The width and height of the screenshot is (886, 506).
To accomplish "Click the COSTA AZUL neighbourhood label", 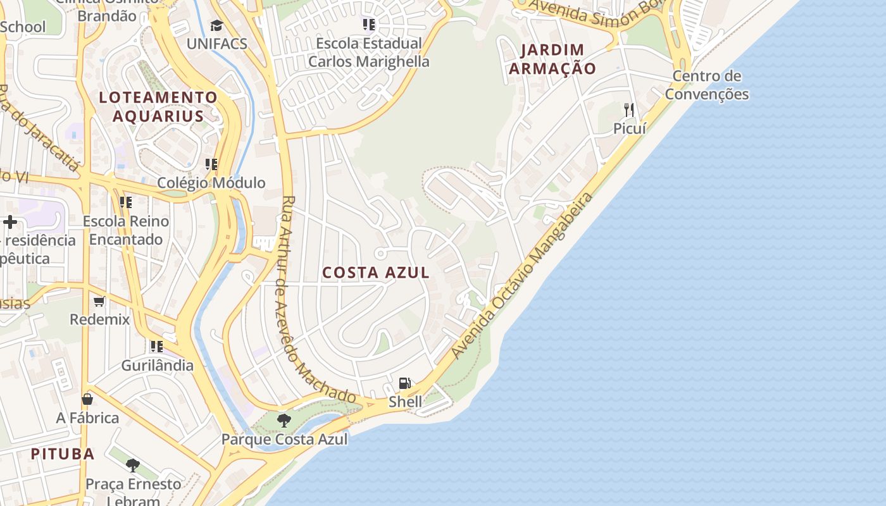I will [376, 273].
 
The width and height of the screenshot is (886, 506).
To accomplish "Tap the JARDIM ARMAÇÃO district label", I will [552, 59].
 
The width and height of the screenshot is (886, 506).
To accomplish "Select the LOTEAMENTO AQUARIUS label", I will [158, 106].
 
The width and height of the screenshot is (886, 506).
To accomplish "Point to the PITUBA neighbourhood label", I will [63, 454].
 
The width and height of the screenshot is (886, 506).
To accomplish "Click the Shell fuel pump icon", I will [405, 383].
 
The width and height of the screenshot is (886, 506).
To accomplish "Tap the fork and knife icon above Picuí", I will [629, 109].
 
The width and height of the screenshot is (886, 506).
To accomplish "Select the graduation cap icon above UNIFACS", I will [217, 26].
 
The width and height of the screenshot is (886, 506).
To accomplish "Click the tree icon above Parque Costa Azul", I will [284, 420].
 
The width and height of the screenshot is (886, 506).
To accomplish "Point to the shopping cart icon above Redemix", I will [99, 301].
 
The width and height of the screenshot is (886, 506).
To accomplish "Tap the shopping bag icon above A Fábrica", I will [87, 399].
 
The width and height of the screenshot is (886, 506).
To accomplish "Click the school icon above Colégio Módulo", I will [211, 164].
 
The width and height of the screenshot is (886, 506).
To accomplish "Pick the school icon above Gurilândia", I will [156, 347].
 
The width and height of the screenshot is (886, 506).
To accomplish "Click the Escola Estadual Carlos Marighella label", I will [369, 52].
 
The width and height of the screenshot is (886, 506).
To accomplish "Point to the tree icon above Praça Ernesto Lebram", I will [133, 466].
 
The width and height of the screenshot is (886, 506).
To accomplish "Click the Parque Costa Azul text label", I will [284, 439].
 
